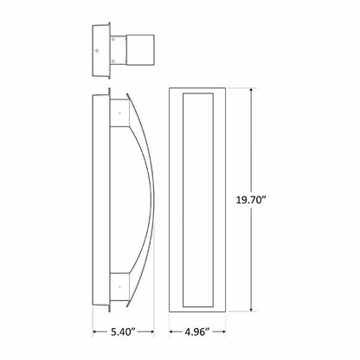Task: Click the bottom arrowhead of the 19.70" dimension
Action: (x=253, y=310)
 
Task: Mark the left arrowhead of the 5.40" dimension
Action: (x=94, y=331)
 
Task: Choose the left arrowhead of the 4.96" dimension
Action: (x=168, y=331)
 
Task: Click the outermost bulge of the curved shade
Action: (x=155, y=199)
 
